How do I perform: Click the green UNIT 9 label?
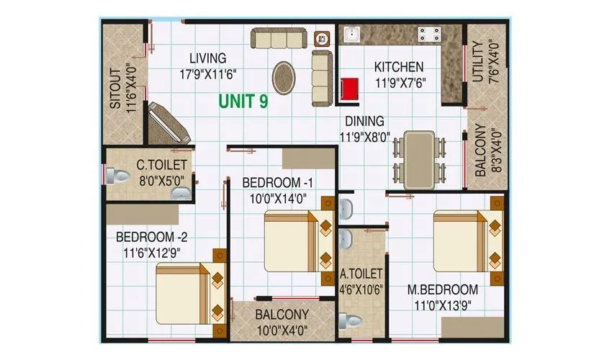(244, 102)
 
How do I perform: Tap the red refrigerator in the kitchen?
(350, 90)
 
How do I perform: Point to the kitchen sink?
(351, 34)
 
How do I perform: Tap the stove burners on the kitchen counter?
(430, 32)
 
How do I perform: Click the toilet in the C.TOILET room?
(111, 176)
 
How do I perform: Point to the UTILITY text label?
(477, 63)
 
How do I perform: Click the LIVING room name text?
(207, 58)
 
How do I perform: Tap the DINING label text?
(364, 121)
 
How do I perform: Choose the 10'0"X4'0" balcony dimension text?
(282, 330)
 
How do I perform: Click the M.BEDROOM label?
(442, 289)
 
